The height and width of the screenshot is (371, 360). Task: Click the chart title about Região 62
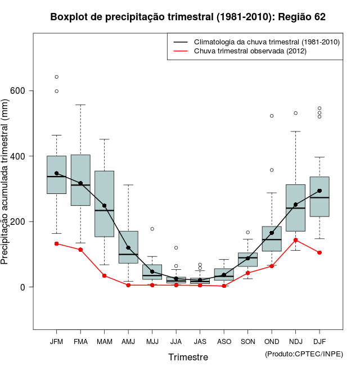(x=188, y=17)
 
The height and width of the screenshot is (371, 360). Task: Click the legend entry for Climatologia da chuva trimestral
(x=266, y=42)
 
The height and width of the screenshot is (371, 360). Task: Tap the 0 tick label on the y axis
(x=22, y=287)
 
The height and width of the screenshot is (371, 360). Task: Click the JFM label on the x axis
(x=56, y=342)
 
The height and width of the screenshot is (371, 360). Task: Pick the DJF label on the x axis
(x=319, y=342)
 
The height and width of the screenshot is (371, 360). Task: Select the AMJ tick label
(x=128, y=342)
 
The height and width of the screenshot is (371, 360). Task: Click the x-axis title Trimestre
(x=188, y=357)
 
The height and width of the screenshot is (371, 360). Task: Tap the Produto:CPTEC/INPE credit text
(x=304, y=354)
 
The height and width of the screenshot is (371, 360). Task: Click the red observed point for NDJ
(x=296, y=240)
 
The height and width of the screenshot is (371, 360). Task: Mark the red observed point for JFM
(x=56, y=243)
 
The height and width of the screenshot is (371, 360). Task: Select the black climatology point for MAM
(x=105, y=206)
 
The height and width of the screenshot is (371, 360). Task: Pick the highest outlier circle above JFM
(x=56, y=77)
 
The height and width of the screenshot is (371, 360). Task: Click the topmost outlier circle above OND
(x=272, y=116)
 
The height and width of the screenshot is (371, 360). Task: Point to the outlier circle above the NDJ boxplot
(x=296, y=113)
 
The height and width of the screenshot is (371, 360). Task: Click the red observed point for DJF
(x=319, y=252)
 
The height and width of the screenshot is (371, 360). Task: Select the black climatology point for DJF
(x=319, y=191)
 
